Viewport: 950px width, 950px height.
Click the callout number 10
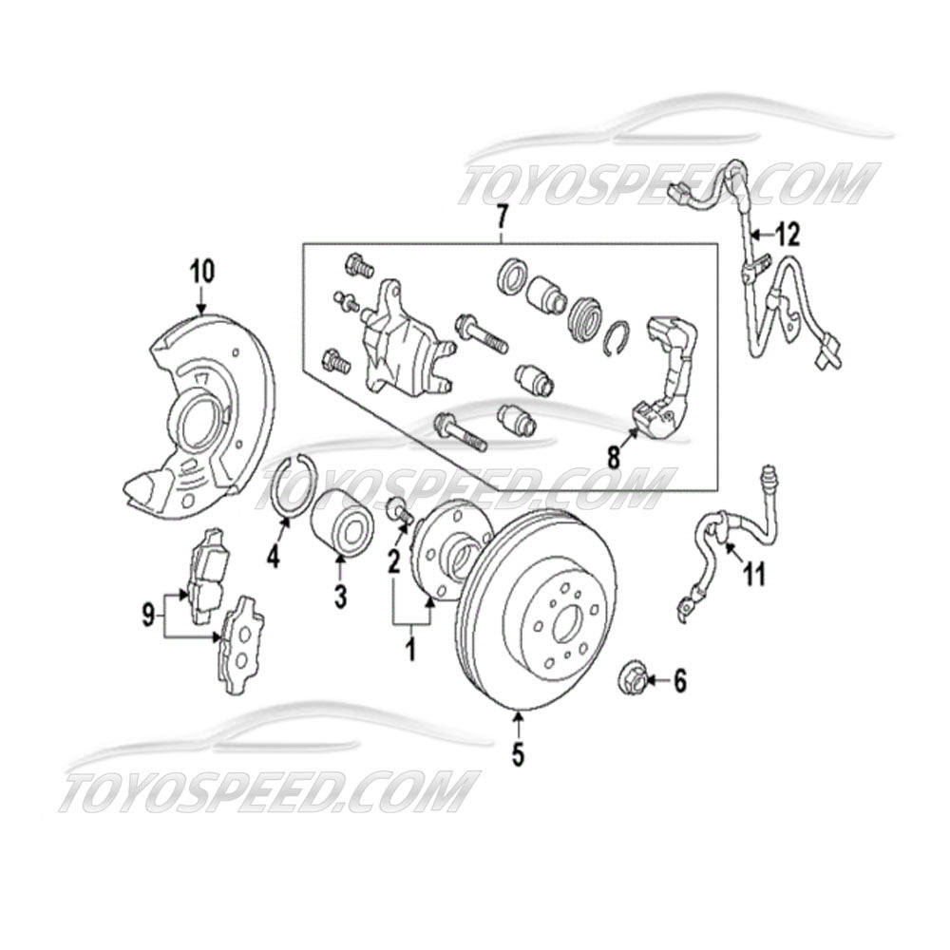[201, 270]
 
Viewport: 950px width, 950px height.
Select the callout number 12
[788, 232]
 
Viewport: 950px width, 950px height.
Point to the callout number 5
[518, 754]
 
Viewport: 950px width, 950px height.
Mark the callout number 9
[148, 617]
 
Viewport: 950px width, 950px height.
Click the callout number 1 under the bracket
[411, 651]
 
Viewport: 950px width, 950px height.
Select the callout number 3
[340, 596]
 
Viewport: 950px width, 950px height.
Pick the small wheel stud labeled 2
[400, 510]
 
